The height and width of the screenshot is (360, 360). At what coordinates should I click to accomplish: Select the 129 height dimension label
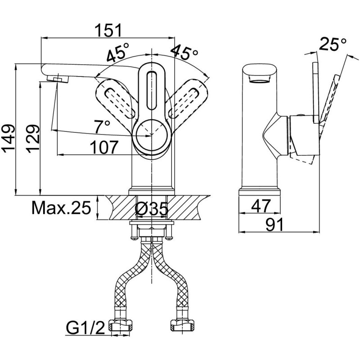click(32, 139)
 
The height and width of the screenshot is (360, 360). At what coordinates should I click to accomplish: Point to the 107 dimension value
click(104, 147)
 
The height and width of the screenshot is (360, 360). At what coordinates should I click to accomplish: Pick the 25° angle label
click(333, 44)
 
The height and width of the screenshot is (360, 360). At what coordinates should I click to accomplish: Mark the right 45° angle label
click(184, 53)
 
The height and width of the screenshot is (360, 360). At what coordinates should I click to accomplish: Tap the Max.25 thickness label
click(61, 208)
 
